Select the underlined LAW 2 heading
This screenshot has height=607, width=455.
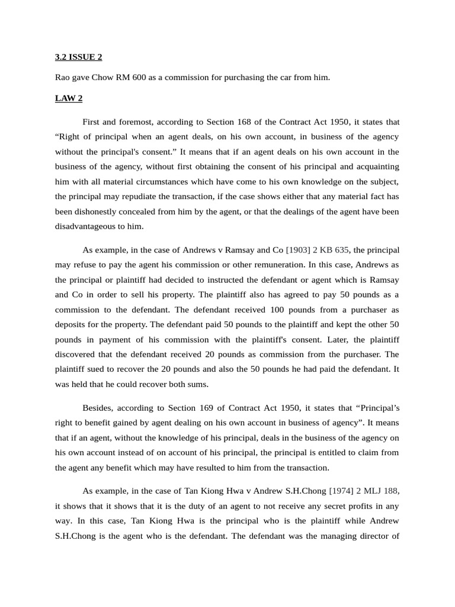pyautogui.click(x=69, y=98)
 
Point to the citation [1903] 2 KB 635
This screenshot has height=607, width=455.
pyautogui.click(x=318, y=249)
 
